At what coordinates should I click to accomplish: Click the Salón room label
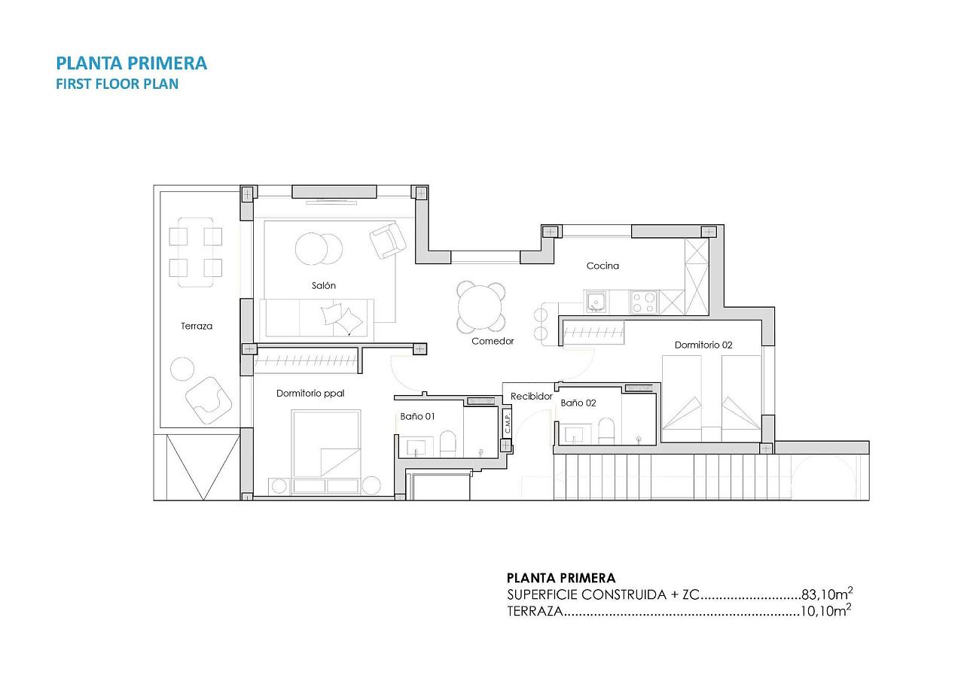[x=324, y=285]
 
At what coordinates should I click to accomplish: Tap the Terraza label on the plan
[x=197, y=326]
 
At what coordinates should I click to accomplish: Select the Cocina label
[x=602, y=266]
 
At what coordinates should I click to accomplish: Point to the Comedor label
[x=493, y=341]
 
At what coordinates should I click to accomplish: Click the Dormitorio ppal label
[x=310, y=394]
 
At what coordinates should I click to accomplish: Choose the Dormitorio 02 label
[x=703, y=345]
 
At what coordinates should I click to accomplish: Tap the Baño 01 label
[x=417, y=416]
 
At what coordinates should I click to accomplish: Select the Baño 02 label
[x=578, y=403]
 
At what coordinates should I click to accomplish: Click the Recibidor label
[x=532, y=397]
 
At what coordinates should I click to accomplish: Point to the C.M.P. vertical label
[x=508, y=423]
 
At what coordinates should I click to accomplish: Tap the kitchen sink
[x=596, y=302]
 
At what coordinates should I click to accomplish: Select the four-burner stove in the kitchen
[x=644, y=302]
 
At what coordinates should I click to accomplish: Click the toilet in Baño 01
[x=447, y=443]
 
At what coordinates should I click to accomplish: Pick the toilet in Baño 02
[x=606, y=430]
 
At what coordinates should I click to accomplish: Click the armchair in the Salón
[x=387, y=239]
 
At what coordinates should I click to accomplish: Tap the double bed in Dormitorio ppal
[x=326, y=443]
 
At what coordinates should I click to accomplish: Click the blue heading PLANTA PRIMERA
[x=131, y=63]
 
